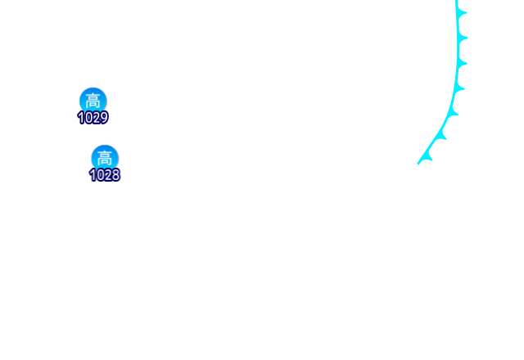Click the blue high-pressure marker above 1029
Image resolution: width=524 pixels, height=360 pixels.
point(93,100)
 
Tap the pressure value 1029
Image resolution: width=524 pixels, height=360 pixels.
point(93,118)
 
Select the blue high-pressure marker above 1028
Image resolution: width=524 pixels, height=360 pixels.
point(104,157)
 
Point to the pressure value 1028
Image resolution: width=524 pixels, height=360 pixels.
point(104,175)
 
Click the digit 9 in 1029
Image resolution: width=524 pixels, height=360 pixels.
point(104,118)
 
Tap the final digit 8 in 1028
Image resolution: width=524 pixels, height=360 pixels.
point(115,175)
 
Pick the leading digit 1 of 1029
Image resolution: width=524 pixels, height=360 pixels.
point(81,118)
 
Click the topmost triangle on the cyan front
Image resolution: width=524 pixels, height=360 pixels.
point(461,13)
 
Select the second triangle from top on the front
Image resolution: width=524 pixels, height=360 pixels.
point(463,38)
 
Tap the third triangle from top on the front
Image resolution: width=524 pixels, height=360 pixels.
point(461,62)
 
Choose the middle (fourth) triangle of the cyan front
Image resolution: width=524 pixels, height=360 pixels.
point(458,87)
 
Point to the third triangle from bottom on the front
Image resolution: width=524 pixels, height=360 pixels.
point(451,112)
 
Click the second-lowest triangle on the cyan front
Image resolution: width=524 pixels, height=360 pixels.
point(440,135)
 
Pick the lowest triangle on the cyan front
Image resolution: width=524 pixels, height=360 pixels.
point(426,155)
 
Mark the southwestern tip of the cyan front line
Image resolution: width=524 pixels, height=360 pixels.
point(418,164)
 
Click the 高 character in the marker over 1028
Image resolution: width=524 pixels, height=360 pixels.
point(104,157)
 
